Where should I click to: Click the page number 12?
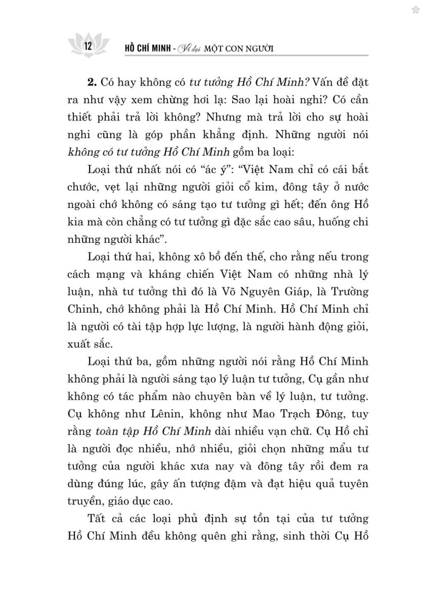tap(89, 46)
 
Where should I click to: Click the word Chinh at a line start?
tap(82, 309)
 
